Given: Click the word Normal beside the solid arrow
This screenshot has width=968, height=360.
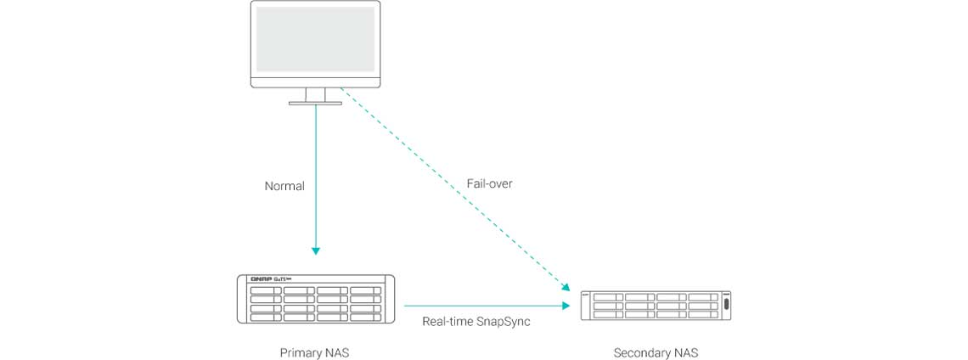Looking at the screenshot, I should (x=284, y=186).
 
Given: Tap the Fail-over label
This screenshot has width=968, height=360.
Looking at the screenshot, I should (x=489, y=183).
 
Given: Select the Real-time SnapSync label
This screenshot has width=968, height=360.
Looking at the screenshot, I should (x=476, y=322).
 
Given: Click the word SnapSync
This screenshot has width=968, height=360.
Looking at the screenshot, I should (x=503, y=322).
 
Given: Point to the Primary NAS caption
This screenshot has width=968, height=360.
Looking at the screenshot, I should (x=314, y=352).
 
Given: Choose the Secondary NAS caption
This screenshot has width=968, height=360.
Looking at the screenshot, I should (x=656, y=352).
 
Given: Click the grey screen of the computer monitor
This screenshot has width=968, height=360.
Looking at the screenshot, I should (x=315, y=40).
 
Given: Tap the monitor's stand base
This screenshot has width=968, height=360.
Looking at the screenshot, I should (x=315, y=103).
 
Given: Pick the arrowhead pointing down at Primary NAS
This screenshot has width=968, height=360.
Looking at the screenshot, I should (x=316, y=250).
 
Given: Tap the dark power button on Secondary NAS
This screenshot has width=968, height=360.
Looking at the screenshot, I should (x=726, y=305).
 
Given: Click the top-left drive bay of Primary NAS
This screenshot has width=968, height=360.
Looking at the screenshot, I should (x=266, y=290).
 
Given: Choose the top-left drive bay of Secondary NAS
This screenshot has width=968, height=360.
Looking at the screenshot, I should (x=607, y=296).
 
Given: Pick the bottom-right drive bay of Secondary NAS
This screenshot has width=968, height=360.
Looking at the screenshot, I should (x=704, y=313).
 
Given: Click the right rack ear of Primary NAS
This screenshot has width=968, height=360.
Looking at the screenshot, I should (x=391, y=298).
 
